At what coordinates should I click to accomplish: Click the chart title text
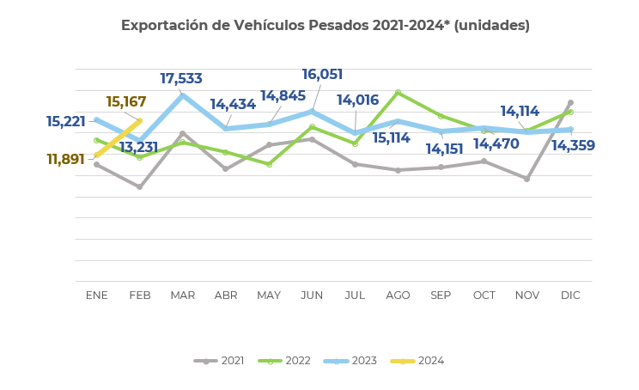[x=325, y=26]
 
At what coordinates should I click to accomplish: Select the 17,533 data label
[x=181, y=79]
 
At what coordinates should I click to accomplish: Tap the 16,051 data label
[x=323, y=75]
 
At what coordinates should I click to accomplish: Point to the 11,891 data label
[x=66, y=159]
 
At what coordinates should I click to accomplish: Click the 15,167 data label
[x=126, y=103]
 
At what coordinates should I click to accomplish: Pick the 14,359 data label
[x=573, y=146]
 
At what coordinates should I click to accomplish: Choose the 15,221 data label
[x=66, y=122]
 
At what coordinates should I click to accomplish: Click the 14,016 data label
[x=357, y=101]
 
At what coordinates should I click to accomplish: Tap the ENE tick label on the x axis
[x=97, y=296]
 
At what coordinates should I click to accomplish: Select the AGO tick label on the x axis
[x=398, y=296]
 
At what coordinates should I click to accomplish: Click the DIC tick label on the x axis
[x=570, y=296]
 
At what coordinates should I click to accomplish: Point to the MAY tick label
[x=269, y=296]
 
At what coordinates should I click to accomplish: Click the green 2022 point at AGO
[x=398, y=92]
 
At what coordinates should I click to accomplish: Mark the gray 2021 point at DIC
[x=570, y=103]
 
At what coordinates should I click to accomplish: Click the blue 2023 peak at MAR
[x=182, y=95]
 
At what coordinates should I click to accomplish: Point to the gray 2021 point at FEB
[x=139, y=186]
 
